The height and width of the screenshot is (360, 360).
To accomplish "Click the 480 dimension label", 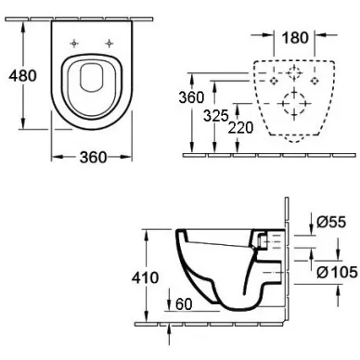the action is [x=22, y=76].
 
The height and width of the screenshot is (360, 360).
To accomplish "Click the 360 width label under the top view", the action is [x=93, y=158].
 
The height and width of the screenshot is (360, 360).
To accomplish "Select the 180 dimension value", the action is [x=295, y=38].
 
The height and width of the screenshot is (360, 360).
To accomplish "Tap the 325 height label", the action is [x=215, y=116].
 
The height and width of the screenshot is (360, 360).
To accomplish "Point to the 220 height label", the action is [x=240, y=128].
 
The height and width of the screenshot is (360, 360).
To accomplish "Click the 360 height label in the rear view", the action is [x=191, y=97].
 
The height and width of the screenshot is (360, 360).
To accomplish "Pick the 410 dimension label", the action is [x=145, y=277].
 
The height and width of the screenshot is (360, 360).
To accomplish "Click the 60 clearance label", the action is [x=184, y=304].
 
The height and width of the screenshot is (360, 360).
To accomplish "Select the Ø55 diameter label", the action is [x=331, y=222].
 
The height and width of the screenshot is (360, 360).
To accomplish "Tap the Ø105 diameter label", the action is [x=338, y=273].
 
